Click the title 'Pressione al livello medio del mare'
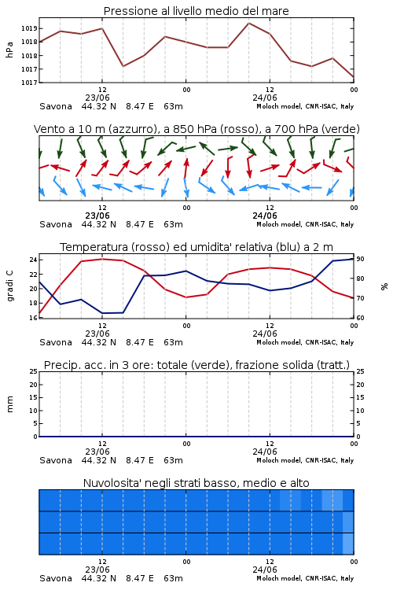click(x=196, y=11)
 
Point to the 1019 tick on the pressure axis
click(x=29, y=28)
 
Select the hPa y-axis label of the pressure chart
click(x=9, y=50)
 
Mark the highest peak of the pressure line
click(x=248, y=23)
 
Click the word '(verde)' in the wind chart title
click(x=341, y=129)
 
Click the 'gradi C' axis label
click(x=9, y=286)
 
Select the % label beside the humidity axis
click(x=384, y=286)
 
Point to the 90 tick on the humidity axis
click(x=360, y=259)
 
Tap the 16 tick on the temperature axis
click(x=33, y=318)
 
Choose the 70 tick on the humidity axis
click(x=360, y=298)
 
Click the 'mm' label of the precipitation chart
click(x=9, y=404)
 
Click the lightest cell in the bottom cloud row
click(x=348, y=544)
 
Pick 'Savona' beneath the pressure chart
click(x=56, y=106)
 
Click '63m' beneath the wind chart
click(x=174, y=224)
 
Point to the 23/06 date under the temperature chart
click(x=97, y=334)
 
